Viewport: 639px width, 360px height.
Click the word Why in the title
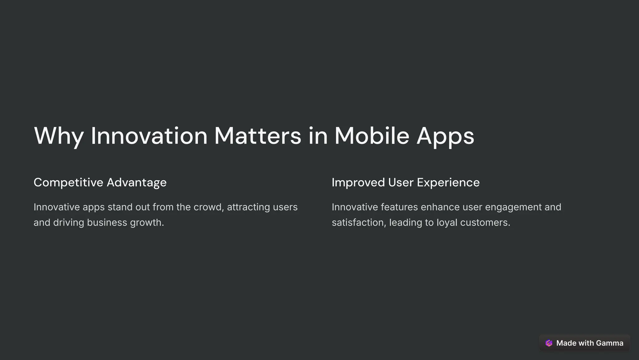[59, 136]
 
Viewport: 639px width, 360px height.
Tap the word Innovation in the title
[149, 136]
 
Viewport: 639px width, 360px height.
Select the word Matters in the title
[258, 136]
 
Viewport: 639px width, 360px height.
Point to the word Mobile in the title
[372, 136]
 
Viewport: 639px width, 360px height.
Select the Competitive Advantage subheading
[100, 182]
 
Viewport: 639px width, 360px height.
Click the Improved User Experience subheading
[405, 182]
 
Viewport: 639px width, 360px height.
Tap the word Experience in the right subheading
[448, 182]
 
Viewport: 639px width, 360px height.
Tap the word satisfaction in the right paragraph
[359, 223]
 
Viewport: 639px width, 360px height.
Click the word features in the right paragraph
[399, 207]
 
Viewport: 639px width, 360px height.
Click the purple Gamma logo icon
[549, 343]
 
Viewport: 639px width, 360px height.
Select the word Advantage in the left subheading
[136, 182]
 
